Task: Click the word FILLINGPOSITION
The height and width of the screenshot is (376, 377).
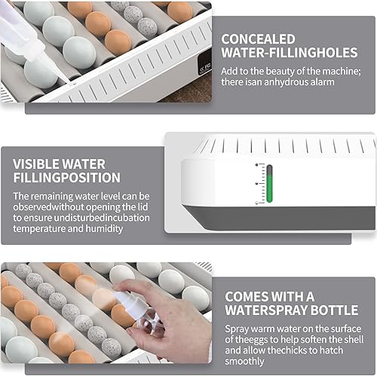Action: (66, 178)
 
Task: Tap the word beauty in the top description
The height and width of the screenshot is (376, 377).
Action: (280, 69)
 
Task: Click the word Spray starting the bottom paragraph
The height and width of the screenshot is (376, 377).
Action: (237, 328)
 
